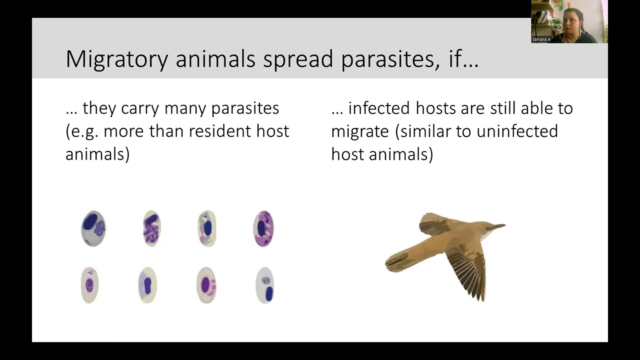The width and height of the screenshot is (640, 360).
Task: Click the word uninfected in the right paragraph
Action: pyautogui.click(x=517, y=131)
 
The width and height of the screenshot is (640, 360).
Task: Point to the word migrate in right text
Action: pyautogui.click(x=359, y=131)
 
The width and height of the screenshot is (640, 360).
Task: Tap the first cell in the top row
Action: pyautogui.click(x=93, y=228)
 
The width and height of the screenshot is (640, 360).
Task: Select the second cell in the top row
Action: pyautogui.click(x=151, y=228)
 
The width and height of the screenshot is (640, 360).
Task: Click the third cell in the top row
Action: pyautogui.click(x=207, y=228)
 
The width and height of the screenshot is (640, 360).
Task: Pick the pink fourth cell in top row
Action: pyautogui.click(x=263, y=228)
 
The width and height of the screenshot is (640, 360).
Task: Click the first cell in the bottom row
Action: pyautogui.click(x=89, y=285)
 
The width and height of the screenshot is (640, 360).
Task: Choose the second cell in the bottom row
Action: pyautogui.click(x=147, y=285)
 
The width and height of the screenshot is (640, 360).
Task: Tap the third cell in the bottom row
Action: pyautogui.click(x=206, y=285)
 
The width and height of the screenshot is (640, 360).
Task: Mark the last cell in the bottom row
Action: pyautogui.click(x=265, y=285)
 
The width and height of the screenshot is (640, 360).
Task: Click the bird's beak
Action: pyautogui.click(x=498, y=227)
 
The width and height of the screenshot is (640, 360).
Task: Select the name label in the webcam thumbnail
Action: pyautogui.click(x=541, y=39)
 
